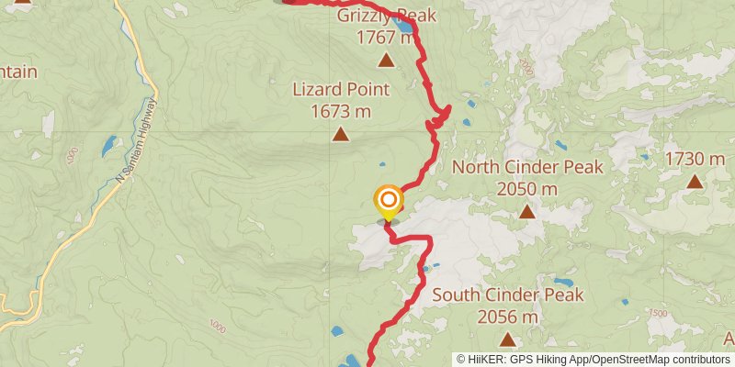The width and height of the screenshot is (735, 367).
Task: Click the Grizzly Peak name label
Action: click(x=386, y=16)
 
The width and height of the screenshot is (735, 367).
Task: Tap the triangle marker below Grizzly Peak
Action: click(x=387, y=61)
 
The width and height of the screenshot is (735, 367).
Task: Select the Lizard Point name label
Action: click(x=341, y=90)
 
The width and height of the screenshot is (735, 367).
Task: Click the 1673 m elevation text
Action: click(x=341, y=111)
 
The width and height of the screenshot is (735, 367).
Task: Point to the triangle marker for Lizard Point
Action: click(x=341, y=136)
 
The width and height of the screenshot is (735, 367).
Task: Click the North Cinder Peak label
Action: click(x=527, y=167)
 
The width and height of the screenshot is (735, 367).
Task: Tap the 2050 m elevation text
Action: click(x=527, y=188)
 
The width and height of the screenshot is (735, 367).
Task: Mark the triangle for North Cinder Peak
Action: click(x=527, y=212)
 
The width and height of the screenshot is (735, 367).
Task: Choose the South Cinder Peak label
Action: click(x=508, y=295)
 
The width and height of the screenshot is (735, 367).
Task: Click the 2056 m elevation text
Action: click(x=508, y=317)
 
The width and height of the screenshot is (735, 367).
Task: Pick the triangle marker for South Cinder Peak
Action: click(x=508, y=339)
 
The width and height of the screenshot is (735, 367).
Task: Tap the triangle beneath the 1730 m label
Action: click(x=695, y=182)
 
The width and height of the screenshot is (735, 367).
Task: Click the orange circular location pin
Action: click(x=389, y=199)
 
